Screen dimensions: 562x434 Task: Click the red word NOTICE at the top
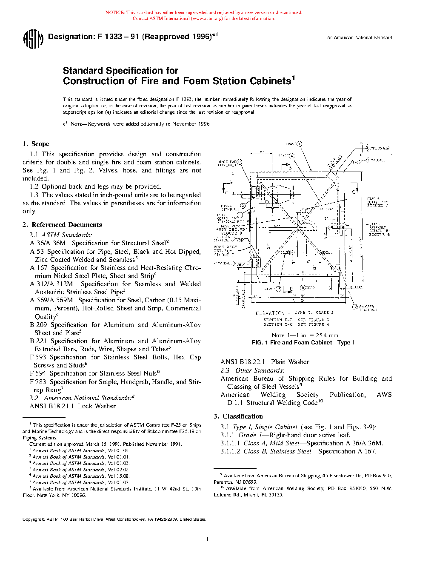(115, 13)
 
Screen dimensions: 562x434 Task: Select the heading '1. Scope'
(36, 144)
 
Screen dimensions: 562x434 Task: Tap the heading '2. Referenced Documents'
(63, 225)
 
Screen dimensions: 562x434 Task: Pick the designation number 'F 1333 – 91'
(118, 37)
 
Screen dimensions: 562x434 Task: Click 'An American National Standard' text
(360, 37)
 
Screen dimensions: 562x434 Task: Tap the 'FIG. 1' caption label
(260, 342)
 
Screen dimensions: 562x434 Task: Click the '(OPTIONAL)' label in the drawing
(377, 148)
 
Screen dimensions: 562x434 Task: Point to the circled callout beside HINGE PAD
(239, 162)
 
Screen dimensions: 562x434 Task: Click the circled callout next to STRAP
(279, 288)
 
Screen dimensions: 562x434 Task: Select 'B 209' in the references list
(38, 325)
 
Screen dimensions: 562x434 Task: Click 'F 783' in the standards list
(38, 382)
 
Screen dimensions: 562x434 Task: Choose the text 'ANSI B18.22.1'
(243, 362)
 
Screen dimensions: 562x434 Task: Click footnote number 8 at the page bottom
(30, 488)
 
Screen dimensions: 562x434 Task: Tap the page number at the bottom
(207, 539)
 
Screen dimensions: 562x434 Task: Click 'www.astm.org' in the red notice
(208, 19)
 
